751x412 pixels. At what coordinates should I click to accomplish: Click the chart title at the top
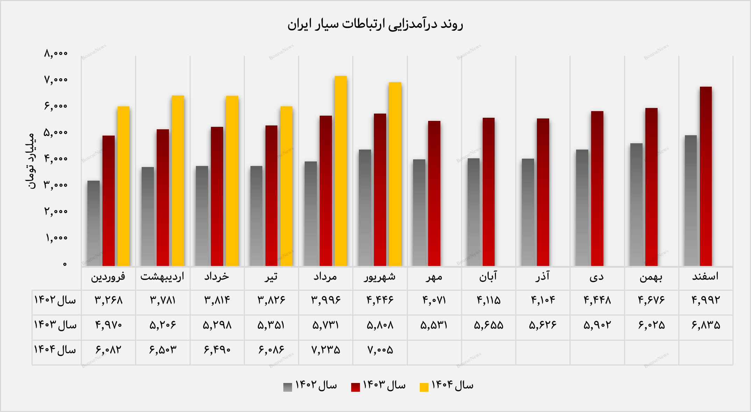pos(375,24)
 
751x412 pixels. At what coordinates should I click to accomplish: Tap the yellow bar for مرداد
pos(340,171)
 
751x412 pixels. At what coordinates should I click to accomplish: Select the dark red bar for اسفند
pos(706,176)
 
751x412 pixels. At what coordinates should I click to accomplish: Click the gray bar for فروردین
pos(93,224)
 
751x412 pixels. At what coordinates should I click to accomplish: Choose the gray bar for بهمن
pos(636,205)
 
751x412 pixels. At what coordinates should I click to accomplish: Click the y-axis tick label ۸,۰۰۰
pos(56,53)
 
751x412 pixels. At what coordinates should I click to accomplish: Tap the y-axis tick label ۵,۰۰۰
pos(56,132)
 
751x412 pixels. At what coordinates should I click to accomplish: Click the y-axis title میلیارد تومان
pos(31,161)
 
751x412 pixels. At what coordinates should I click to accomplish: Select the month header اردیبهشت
pos(162,277)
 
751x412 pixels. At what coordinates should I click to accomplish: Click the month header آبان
pos(488,277)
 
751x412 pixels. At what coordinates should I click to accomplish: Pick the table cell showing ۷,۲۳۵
pos(326,350)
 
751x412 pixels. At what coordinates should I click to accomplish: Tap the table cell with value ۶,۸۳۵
pos(706,325)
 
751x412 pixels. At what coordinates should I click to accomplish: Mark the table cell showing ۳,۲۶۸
pos(108,300)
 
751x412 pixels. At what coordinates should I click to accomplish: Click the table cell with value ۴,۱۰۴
pos(543,300)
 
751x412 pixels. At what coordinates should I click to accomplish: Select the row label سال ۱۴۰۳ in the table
pos(55,325)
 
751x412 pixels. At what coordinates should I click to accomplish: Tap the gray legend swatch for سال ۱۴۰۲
pos(288,387)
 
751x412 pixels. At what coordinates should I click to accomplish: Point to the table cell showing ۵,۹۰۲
pos(597,325)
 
